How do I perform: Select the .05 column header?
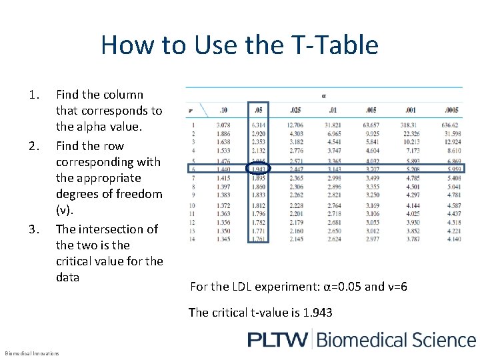(259, 110)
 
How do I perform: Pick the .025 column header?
(295, 110)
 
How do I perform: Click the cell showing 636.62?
(449, 124)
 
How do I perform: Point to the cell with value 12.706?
(295, 124)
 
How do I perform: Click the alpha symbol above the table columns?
(324, 95)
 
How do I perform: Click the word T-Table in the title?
(333, 45)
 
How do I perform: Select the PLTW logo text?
(279, 339)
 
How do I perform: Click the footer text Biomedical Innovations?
(32, 353)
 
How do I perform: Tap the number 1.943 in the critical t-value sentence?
(317, 312)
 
